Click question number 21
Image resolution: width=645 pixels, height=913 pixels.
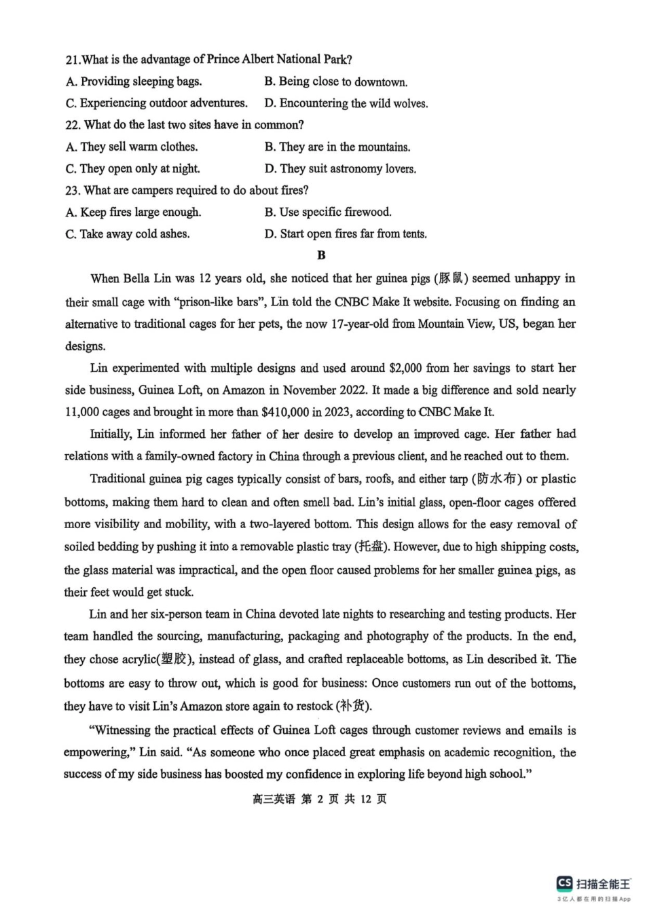click(73, 60)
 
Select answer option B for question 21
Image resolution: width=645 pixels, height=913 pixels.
click(335, 81)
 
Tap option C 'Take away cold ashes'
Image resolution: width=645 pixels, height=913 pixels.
click(128, 234)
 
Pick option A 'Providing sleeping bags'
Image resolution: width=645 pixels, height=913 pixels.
click(134, 81)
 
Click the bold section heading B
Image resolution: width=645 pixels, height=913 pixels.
click(321, 255)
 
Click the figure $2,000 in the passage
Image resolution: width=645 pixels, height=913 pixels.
click(405, 368)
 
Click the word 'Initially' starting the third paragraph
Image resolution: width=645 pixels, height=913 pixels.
click(111, 434)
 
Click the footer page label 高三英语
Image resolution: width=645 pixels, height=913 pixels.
click(274, 799)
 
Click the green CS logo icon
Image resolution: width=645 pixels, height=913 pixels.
click(564, 882)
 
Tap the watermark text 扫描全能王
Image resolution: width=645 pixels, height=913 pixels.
click(604, 883)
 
